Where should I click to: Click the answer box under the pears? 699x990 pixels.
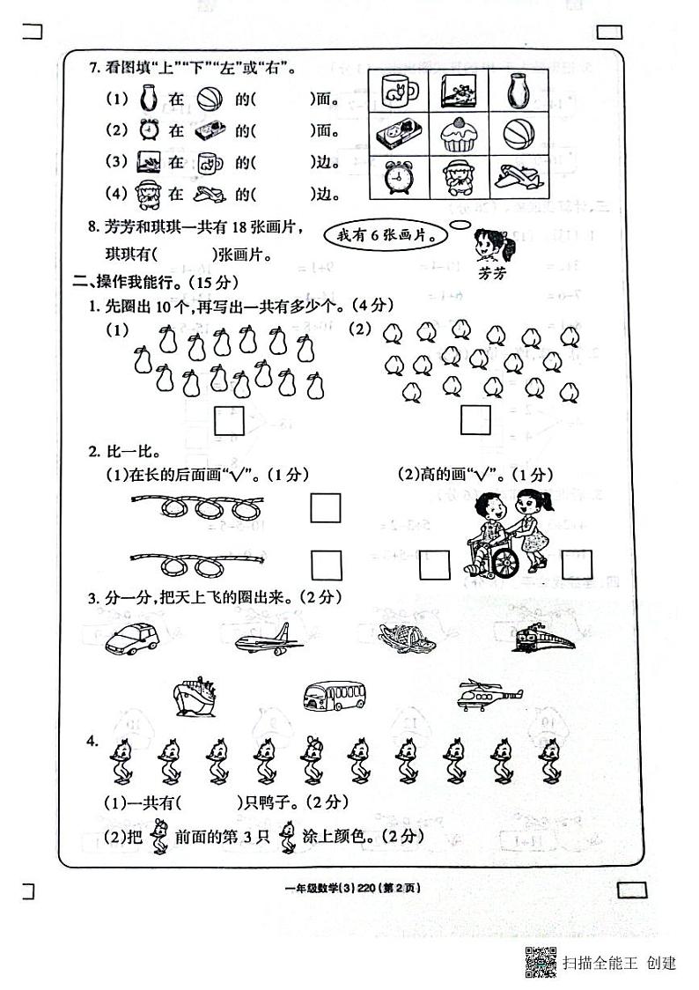pyautogui.click(x=230, y=420)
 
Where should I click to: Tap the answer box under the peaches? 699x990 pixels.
pyautogui.click(x=476, y=419)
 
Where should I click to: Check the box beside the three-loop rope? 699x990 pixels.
pyautogui.click(x=325, y=508)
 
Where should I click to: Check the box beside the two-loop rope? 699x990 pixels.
pyautogui.click(x=325, y=564)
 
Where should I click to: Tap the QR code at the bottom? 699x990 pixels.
pyautogui.click(x=541, y=961)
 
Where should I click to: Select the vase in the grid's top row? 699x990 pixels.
pyautogui.click(x=518, y=91)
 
